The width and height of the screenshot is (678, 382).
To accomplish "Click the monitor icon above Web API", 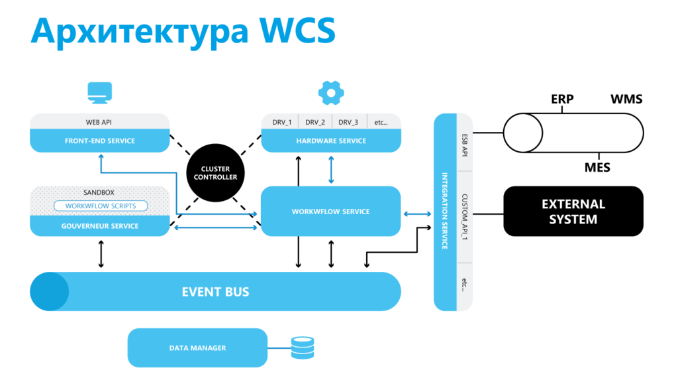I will coord(99,93).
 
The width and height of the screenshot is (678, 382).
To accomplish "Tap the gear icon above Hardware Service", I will coord(330,93).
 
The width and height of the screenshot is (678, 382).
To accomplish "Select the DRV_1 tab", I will coord(281,122).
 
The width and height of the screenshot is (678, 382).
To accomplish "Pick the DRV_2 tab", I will coord(315,122).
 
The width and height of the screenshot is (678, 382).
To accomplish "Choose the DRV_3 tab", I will coord(348,122).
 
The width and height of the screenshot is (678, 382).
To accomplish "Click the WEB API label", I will coord(99,122).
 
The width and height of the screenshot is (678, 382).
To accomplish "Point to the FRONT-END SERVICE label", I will coord(99,141).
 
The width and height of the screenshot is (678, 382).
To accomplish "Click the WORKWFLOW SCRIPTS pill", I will coord(101,206).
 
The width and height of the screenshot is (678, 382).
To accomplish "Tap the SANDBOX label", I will coord(99,192).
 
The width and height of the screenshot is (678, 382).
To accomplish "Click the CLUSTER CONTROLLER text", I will coord(219,173).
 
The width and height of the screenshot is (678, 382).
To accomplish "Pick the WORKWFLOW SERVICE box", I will coord(330,212).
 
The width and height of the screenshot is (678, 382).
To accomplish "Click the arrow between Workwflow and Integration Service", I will coord(417,214).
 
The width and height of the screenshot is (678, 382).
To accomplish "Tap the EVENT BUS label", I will coord(215,292).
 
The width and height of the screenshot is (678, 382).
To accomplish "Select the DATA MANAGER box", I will coord(197,348).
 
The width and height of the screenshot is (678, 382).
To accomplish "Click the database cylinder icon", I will coord(303,348).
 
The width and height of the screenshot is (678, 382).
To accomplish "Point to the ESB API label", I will coord(465,143).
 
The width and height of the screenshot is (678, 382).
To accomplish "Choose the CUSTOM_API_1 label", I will coord(465,218).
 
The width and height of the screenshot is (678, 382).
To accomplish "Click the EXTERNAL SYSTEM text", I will coord(573,212).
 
